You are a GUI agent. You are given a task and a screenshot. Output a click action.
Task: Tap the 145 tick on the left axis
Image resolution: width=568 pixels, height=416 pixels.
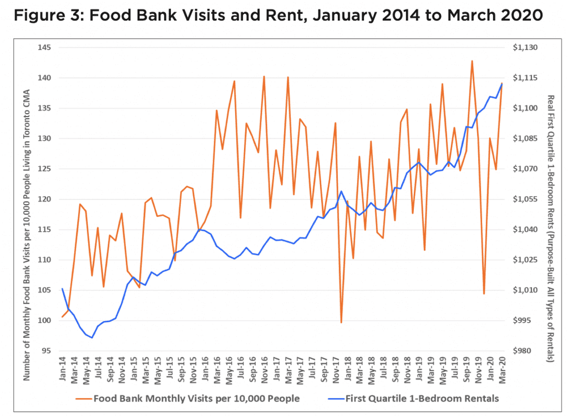click(x=44, y=48)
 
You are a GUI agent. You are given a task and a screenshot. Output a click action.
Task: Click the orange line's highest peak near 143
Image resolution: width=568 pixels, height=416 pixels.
click(x=472, y=61)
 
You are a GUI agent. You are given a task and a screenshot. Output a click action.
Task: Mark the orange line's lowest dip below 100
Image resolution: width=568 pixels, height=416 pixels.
click(x=341, y=323)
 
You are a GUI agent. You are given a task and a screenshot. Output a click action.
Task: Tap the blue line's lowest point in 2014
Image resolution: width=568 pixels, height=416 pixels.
click(x=92, y=337)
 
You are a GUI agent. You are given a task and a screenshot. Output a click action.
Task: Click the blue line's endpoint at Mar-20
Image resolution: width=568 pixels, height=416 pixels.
click(x=502, y=83)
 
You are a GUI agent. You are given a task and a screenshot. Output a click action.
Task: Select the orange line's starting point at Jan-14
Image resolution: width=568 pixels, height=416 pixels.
click(x=62, y=317)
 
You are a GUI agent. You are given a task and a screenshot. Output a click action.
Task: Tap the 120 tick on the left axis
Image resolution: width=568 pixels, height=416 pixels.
click(x=44, y=199)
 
